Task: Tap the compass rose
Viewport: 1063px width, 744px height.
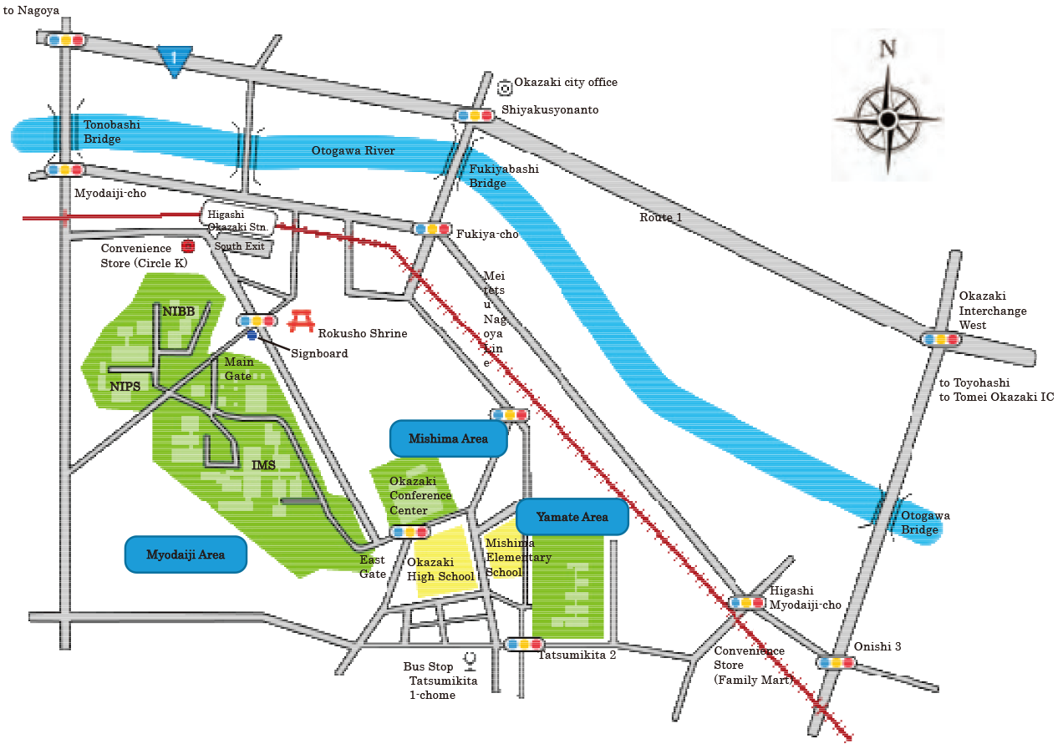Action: pos(887,119)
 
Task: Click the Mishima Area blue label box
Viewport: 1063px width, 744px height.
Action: pos(449,438)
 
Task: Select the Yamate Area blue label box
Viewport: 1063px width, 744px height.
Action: pos(572,517)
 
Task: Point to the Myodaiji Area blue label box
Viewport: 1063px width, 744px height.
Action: pos(186,554)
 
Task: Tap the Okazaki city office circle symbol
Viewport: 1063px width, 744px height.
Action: pos(504,87)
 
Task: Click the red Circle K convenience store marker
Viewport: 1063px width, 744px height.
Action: pos(187,246)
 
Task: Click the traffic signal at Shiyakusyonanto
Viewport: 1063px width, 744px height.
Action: pos(474,115)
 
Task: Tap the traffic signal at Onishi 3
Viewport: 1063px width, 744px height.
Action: pos(837,662)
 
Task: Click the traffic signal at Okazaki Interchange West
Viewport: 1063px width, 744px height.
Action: pos(941,339)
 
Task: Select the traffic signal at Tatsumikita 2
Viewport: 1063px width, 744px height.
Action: pos(525,644)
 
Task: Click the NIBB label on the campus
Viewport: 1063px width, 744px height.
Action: pos(178,311)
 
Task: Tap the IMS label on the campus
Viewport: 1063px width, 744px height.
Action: pos(263,465)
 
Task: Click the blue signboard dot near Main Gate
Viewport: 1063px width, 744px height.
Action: pos(252,336)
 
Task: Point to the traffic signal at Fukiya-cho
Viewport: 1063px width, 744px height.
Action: pos(432,228)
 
